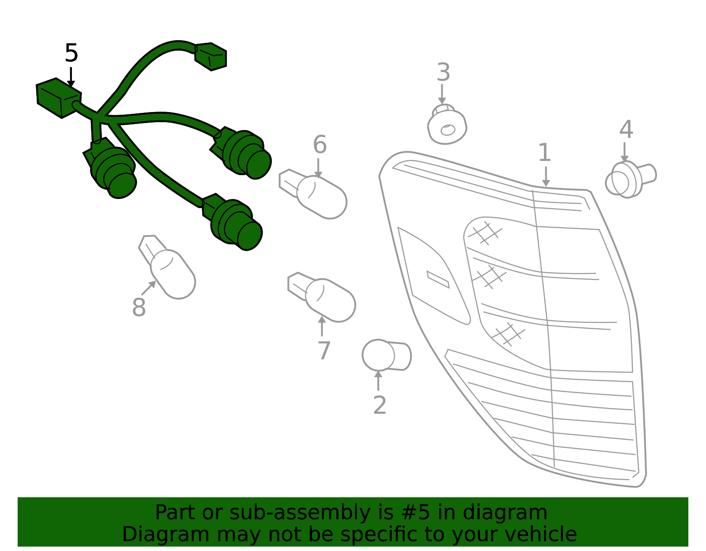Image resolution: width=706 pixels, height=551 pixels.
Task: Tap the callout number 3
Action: click(443, 72)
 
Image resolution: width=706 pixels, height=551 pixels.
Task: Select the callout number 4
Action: click(626, 129)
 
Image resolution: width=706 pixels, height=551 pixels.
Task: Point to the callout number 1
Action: click(545, 152)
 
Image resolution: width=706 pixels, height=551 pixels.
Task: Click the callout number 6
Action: click(320, 145)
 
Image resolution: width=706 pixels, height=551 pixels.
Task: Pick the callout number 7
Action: click(324, 350)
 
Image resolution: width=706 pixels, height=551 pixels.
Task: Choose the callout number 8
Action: click(139, 307)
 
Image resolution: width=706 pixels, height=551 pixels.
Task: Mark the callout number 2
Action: click(380, 405)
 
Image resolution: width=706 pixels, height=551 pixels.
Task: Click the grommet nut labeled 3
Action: click(447, 124)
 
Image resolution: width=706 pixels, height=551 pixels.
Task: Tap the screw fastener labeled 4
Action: click(630, 179)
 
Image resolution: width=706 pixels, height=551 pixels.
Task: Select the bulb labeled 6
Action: click(312, 194)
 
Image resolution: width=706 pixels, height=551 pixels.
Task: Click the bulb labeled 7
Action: click(321, 297)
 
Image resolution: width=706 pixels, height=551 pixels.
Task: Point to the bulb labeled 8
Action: click(167, 267)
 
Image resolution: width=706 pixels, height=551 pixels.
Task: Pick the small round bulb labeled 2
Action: click(387, 355)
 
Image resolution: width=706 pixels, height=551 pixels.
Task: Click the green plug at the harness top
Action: click(210, 56)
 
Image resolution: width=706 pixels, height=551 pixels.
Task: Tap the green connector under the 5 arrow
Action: click(59, 98)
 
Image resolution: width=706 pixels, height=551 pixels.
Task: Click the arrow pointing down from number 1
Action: click(546, 176)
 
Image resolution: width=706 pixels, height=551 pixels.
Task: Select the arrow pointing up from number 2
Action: click(378, 380)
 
